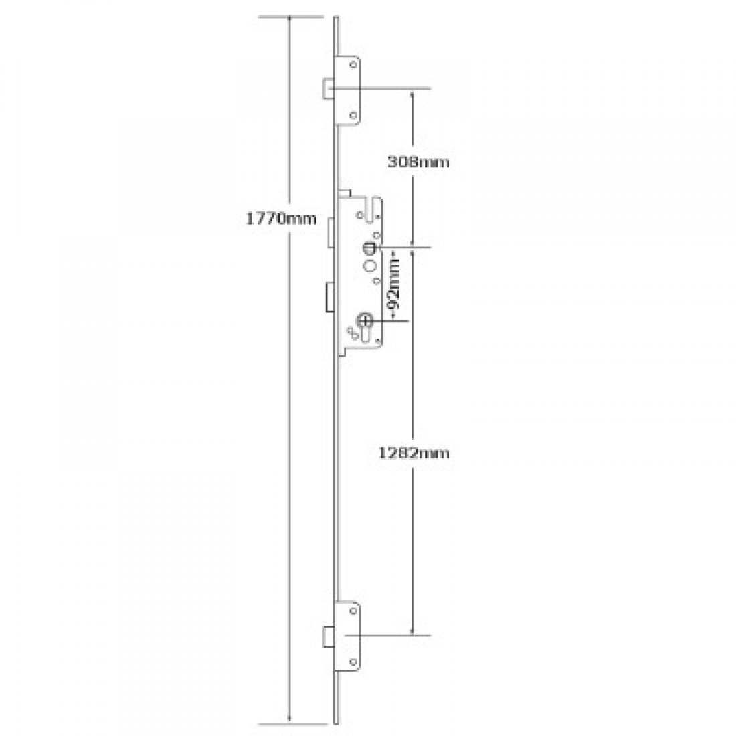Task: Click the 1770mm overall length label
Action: pos(278,219)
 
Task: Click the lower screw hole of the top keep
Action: pos(352,116)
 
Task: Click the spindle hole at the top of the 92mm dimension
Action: pos(367,249)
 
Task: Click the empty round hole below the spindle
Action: pos(368,267)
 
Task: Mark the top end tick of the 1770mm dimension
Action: pos(289,15)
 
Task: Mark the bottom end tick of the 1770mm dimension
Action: pos(289,723)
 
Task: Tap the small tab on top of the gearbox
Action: pos(343,194)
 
